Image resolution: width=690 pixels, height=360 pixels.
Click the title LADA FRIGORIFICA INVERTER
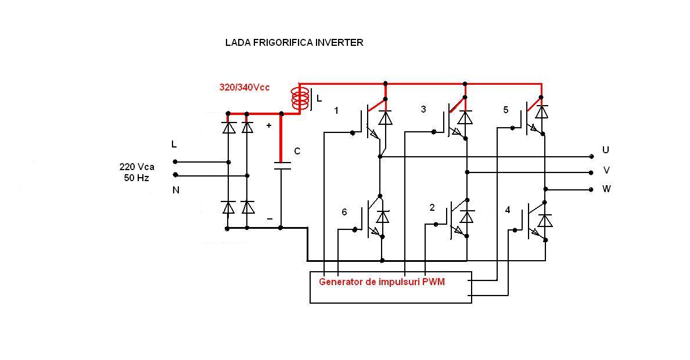pyautogui.click(x=294, y=42)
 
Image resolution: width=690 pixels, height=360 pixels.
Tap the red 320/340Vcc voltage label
pyautogui.click(x=244, y=87)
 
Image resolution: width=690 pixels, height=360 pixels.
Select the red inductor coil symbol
pyautogui.click(x=300, y=99)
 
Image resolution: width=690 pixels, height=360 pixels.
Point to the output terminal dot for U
pyautogui.click(x=591, y=156)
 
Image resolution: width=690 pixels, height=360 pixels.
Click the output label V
pyautogui.click(x=606, y=171)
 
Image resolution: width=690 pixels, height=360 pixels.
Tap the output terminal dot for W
pyautogui.click(x=591, y=189)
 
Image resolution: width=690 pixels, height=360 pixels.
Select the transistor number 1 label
pyautogui.click(x=336, y=110)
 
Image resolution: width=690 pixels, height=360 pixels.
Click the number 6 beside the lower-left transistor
pyautogui.click(x=344, y=213)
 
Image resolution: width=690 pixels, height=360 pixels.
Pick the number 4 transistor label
pyautogui.click(x=508, y=210)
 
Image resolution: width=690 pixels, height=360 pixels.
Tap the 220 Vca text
pyautogui.click(x=136, y=167)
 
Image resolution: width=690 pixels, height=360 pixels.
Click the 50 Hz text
pyautogui.click(x=136, y=178)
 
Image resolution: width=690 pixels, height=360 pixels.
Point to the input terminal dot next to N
pyautogui.click(x=175, y=175)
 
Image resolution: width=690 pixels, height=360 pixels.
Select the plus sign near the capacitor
pyautogui.click(x=268, y=125)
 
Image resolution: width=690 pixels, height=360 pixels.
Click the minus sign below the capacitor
pyautogui.click(x=269, y=219)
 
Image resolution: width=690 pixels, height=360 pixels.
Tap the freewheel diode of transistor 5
pyautogui.click(x=541, y=111)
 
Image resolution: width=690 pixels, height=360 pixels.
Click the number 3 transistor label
pyautogui.click(x=423, y=109)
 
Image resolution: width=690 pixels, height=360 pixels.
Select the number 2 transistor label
pyautogui.click(x=432, y=207)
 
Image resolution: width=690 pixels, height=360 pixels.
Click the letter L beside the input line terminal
pyautogui.click(x=174, y=144)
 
